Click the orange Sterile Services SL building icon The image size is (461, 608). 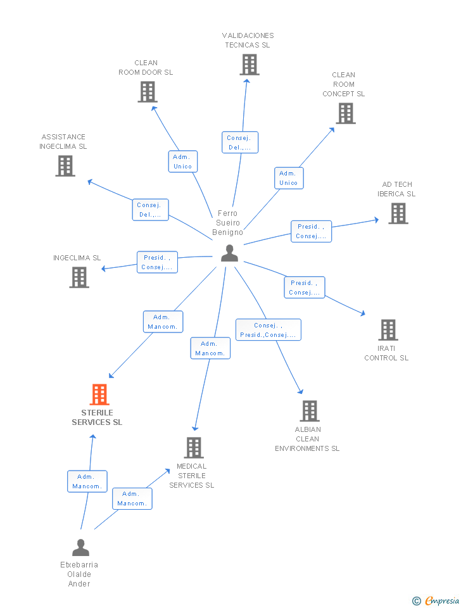coord(99,395)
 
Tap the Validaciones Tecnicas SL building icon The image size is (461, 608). coord(249,65)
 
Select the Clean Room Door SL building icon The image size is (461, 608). coord(147,92)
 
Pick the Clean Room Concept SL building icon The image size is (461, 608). coord(345,113)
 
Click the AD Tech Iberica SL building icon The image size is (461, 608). coord(398,213)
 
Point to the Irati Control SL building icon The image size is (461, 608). coord(388,330)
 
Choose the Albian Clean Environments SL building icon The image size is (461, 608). coord(309,411)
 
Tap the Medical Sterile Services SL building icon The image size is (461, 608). coord(193,448)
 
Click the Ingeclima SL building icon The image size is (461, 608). coord(79,277)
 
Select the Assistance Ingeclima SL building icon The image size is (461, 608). coord(65,165)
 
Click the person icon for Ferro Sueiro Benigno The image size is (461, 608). coord(229,253)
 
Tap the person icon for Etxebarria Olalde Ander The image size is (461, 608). coord(80,547)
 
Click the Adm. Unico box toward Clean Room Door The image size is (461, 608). coord(182,161)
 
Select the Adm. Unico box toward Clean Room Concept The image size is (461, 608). coord(288,178)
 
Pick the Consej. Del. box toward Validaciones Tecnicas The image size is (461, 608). coord(239,142)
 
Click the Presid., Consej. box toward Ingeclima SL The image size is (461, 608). coord(157,262)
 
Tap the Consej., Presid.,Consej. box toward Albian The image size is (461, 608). coord(268,330)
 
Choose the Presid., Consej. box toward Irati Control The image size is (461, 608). coord(304,288)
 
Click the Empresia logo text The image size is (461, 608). coord(441,600)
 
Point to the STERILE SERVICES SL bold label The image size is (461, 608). coord(97,417)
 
